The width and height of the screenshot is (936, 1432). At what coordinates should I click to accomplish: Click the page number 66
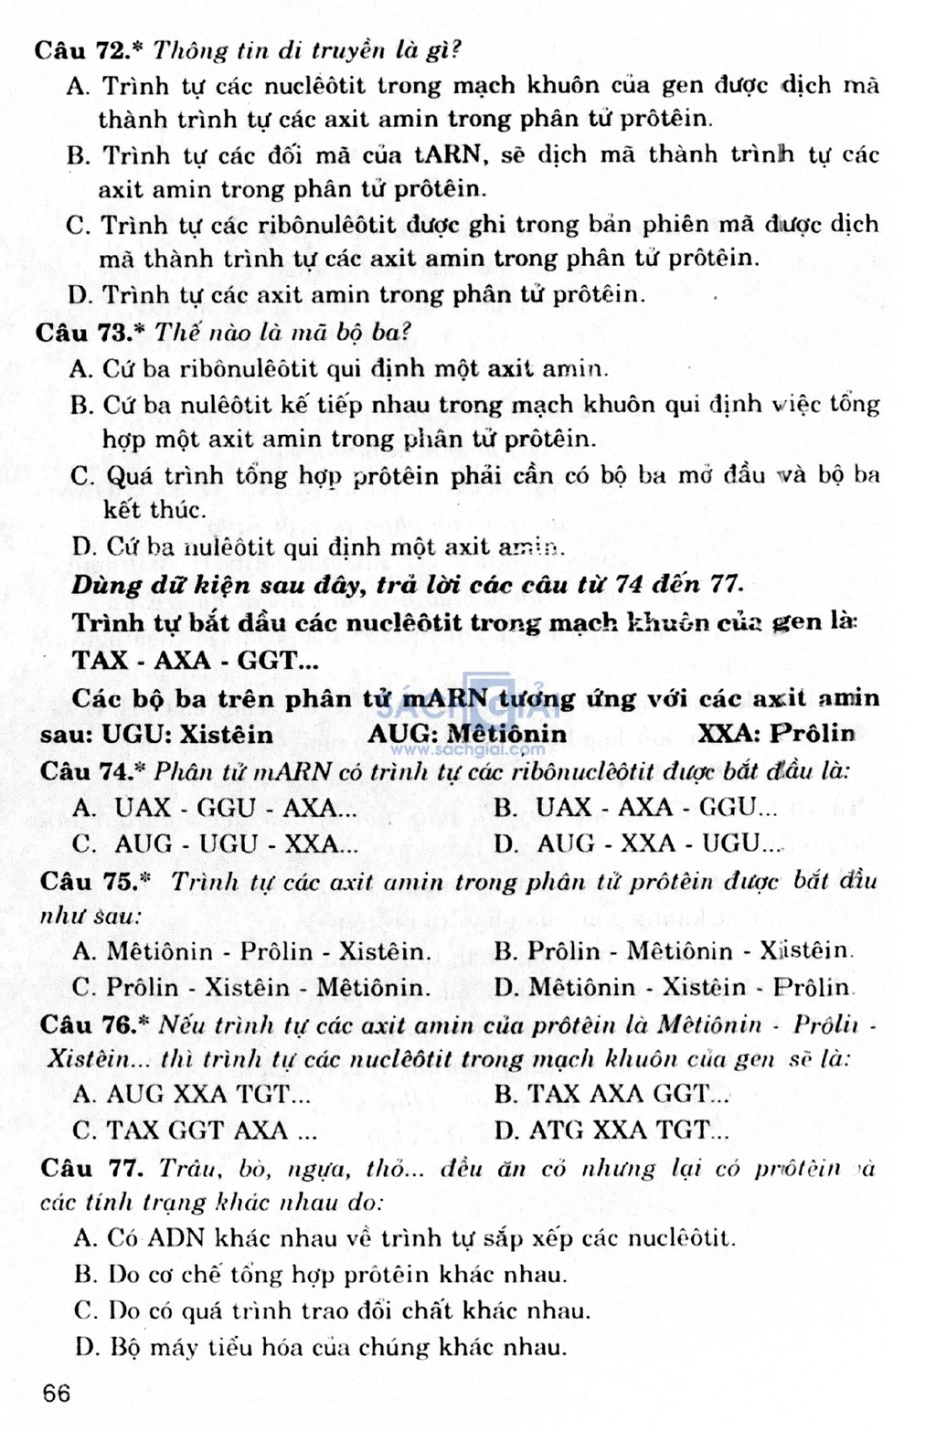pyautogui.click(x=56, y=1393)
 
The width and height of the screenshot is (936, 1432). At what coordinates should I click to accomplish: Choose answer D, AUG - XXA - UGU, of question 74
pyautogui.click(x=639, y=843)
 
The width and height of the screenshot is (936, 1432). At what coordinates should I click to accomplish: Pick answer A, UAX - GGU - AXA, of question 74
pyautogui.click(x=216, y=808)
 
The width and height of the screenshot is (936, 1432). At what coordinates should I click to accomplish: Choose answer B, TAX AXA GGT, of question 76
pyautogui.click(x=612, y=1094)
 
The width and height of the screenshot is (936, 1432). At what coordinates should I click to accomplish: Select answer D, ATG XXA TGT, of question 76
pyautogui.click(x=612, y=1130)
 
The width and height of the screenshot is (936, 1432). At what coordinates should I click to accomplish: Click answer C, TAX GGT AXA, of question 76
pyautogui.click(x=196, y=1130)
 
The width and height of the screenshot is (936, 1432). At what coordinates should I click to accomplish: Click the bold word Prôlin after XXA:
pyautogui.click(x=812, y=734)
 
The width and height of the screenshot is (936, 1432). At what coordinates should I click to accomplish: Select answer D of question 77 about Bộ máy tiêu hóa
pyautogui.click(x=320, y=1347)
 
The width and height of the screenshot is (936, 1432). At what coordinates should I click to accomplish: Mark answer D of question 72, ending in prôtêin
pyautogui.click(x=356, y=294)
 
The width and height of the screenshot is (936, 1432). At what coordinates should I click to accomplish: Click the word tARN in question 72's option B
pyautogui.click(x=447, y=154)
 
